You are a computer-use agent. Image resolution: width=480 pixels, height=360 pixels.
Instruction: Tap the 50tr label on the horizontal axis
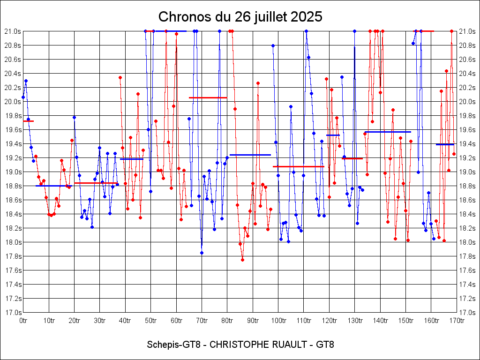pos(150,321)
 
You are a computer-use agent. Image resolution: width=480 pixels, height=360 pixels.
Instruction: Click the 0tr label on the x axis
pos(23,321)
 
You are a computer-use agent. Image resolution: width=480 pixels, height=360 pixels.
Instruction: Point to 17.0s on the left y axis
pos(12,312)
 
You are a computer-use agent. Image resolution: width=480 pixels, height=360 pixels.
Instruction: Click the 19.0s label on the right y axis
pos(467,172)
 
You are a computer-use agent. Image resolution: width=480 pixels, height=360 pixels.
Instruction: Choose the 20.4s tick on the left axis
pos(12,73)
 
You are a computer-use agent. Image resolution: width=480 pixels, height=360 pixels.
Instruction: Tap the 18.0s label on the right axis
pos(467,242)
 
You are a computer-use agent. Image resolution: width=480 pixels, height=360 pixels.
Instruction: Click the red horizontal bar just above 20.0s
pos(208,97)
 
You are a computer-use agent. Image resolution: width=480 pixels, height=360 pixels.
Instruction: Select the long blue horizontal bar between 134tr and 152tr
pos(387,132)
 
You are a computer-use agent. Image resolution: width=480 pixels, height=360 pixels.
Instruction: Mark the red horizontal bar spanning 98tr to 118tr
pos(298,166)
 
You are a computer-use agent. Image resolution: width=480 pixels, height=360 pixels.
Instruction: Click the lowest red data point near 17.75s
pos(242,260)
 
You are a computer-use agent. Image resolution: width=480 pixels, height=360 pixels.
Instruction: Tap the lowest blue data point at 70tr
pos(202,253)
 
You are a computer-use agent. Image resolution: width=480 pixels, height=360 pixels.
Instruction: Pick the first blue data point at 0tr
pos(23,97)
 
